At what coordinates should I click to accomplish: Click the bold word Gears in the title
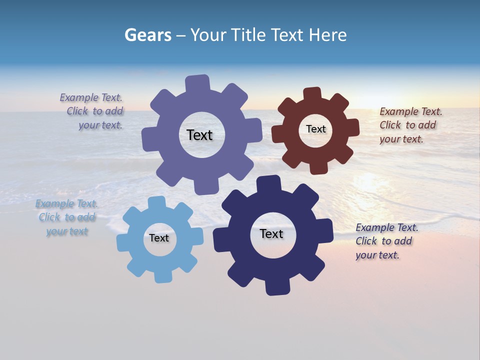click(x=147, y=35)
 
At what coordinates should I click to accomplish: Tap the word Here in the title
click(x=327, y=35)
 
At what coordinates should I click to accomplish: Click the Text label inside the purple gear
click(x=199, y=135)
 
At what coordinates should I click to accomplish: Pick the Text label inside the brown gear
click(x=315, y=129)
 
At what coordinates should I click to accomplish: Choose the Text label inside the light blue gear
click(x=159, y=238)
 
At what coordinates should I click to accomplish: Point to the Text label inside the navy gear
click(x=271, y=233)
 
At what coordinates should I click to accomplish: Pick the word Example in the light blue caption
click(x=54, y=203)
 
